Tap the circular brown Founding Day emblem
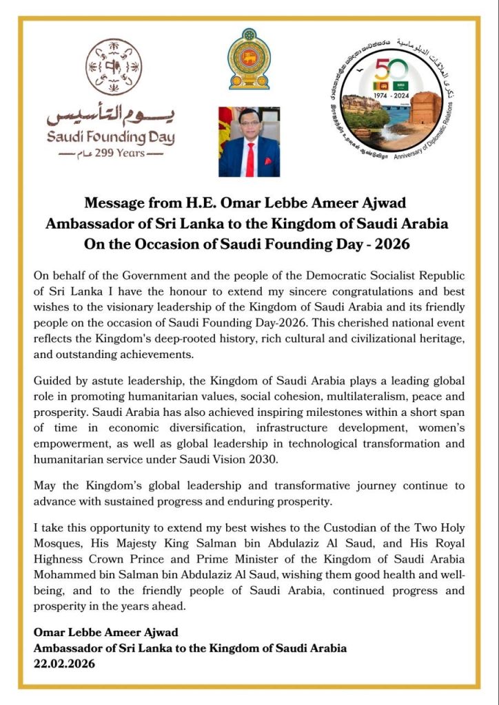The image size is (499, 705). (114, 67)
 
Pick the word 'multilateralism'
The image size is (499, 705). (365, 396)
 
